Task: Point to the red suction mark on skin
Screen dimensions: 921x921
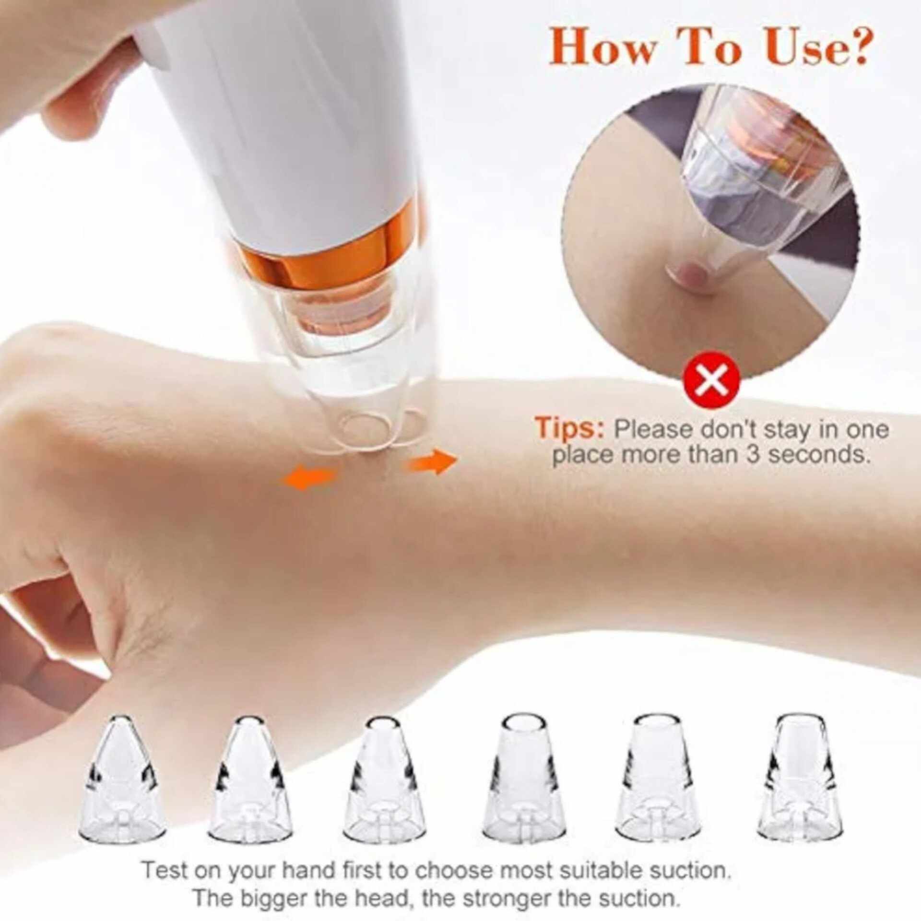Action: coord(689,275)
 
